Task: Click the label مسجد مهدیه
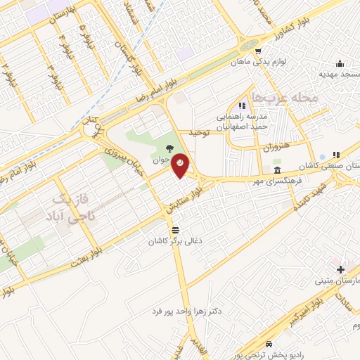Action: (340, 74)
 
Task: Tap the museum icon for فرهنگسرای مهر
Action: (277, 170)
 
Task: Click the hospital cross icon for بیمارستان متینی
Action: (341, 269)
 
